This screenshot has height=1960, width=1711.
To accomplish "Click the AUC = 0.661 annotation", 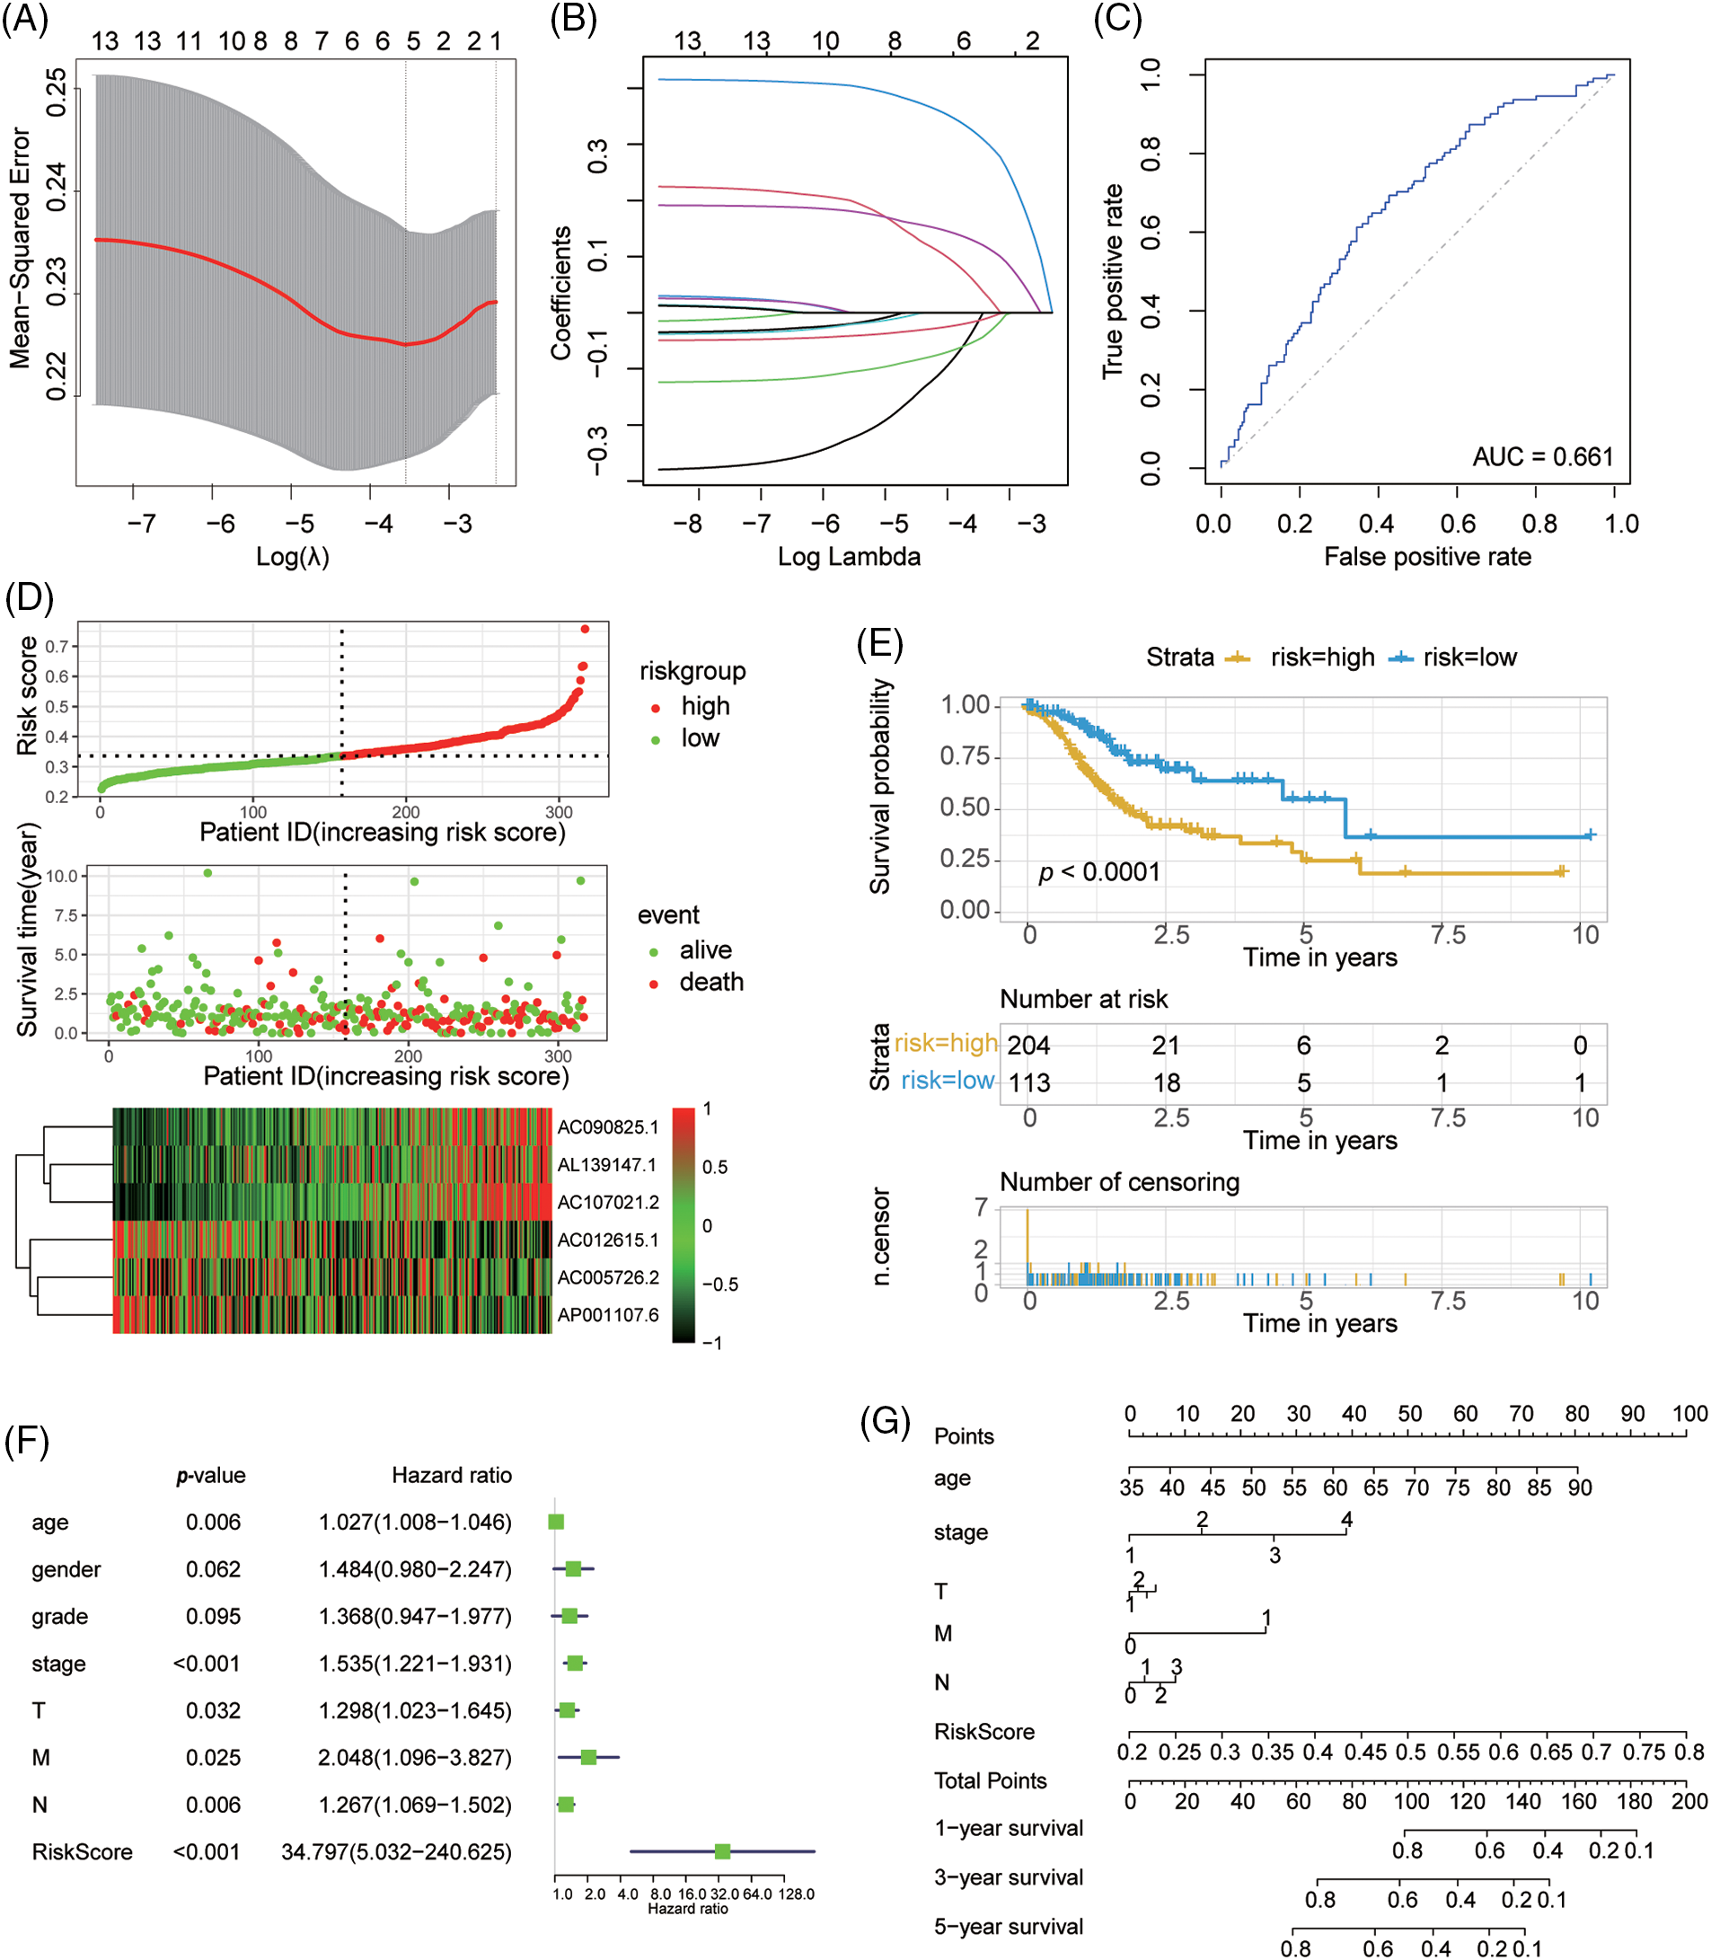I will click(1542, 456).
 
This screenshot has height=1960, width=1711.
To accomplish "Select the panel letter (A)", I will click(25, 19).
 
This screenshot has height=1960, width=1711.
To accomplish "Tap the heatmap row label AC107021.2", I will click(607, 1202).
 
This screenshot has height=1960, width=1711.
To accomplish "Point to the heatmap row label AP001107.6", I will click(607, 1315).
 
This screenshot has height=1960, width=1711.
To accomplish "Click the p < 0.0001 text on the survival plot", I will click(1099, 871).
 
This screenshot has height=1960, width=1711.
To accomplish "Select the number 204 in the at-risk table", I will click(1028, 1046).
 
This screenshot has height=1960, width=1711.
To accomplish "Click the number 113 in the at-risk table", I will click(1028, 1082).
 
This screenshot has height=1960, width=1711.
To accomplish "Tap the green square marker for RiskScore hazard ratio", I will click(723, 1851).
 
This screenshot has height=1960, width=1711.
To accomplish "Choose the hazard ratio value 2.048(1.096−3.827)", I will click(414, 1758).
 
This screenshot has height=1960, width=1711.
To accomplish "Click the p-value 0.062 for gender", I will click(213, 1569).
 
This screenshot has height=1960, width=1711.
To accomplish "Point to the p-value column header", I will click(211, 1475).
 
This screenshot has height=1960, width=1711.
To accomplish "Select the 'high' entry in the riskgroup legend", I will click(705, 705).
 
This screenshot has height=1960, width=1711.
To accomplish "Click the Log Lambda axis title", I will click(849, 557).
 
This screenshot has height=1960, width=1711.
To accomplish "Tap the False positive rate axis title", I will click(1426, 557).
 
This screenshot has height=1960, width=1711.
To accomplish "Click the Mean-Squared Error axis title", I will click(20, 248).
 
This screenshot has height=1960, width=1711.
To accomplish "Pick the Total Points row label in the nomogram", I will click(990, 1780).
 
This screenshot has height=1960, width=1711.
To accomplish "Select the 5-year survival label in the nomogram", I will click(1009, 1927).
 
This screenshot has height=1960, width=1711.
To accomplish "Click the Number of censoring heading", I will click(1119, 1182).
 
